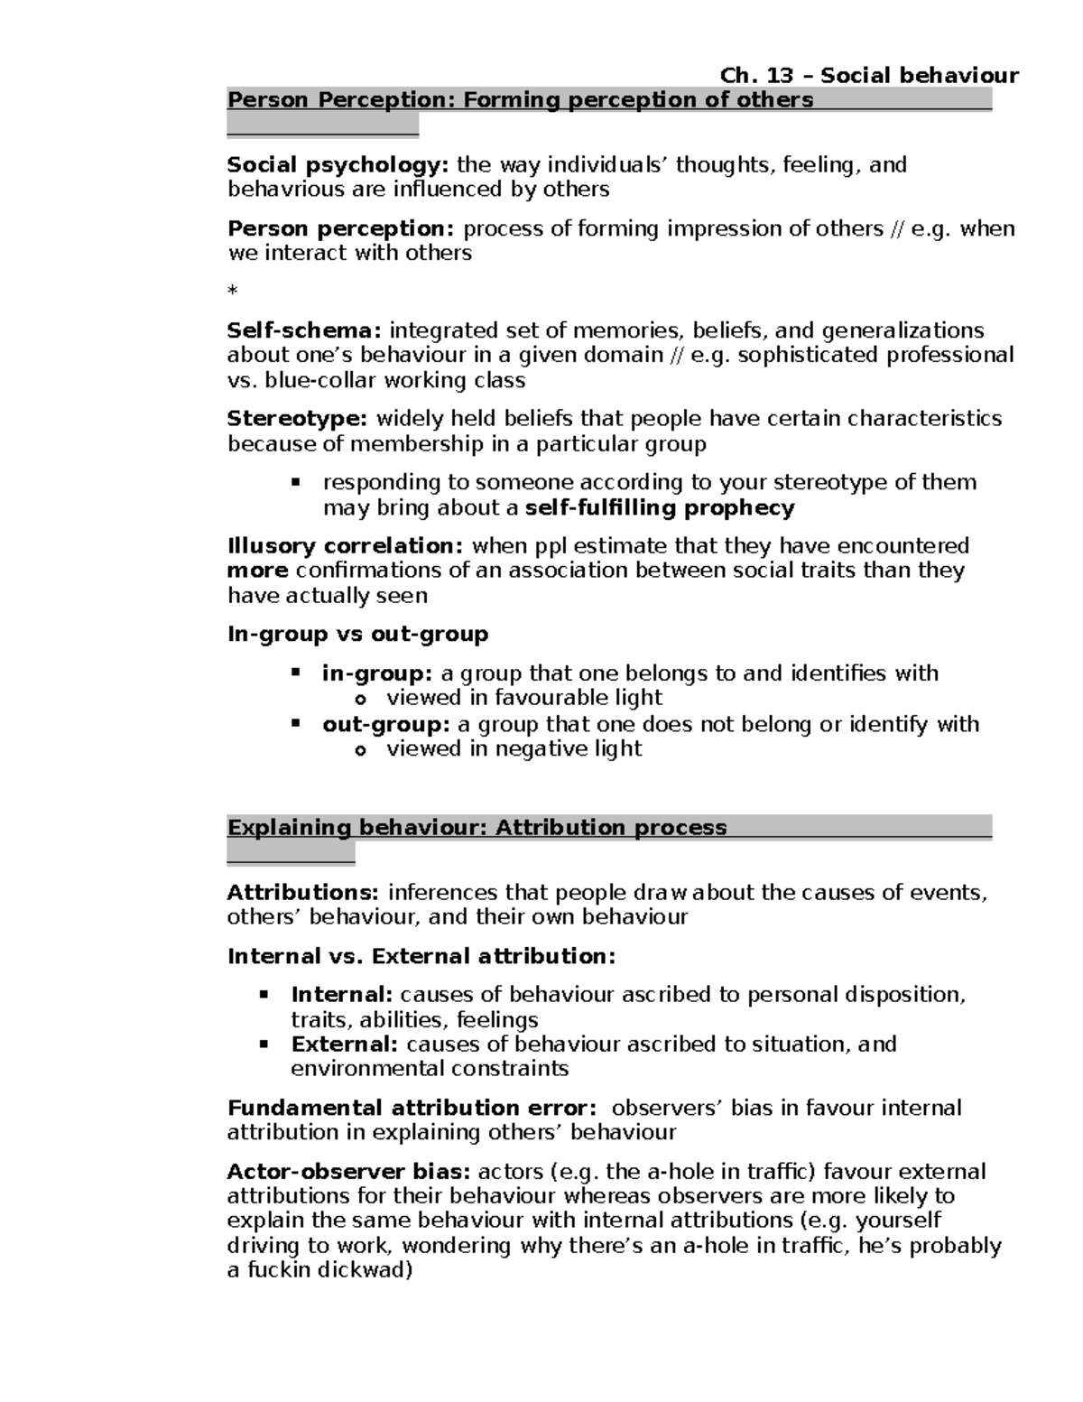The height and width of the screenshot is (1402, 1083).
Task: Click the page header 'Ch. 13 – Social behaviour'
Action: point(869,75)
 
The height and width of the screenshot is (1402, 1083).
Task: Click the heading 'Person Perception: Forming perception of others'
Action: point(520,100)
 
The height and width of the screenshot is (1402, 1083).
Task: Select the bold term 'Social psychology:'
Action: point(338,165)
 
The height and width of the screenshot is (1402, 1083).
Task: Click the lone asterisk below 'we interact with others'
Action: point(233,292)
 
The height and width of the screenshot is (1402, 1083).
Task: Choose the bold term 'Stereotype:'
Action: point(297,419)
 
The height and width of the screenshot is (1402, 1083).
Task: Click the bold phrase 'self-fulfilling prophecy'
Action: point(659,508)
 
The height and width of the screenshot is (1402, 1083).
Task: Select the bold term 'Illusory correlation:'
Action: point(346,546)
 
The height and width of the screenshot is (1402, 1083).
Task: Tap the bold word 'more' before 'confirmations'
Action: point(257,571)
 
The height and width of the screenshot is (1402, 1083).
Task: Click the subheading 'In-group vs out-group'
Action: point(357,635)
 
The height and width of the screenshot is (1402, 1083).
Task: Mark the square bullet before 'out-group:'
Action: point(295,723)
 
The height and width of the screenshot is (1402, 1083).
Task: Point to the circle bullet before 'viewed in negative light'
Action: point(360,750)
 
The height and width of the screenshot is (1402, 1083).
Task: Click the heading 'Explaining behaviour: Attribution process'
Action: point(477,828)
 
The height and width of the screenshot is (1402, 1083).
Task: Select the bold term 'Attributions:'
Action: point(303,893)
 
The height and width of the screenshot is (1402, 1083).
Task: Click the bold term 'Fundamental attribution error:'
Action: point(412,1109)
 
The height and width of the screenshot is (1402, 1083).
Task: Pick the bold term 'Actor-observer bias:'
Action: point(348,1173)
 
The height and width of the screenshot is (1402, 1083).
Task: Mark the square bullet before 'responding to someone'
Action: point(295,482)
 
